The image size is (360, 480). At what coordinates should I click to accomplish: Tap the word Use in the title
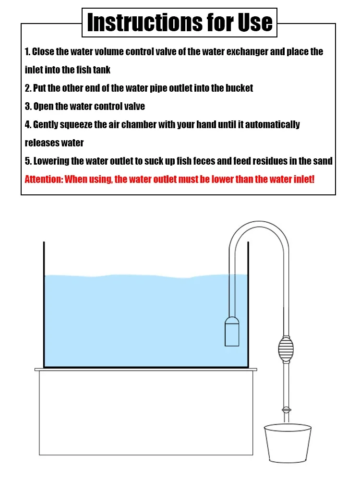coord(255,23)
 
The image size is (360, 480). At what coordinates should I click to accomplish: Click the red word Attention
coord(44,179)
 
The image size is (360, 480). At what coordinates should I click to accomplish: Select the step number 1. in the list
coord(27,52)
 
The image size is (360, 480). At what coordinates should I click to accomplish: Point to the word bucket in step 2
coord(239,88)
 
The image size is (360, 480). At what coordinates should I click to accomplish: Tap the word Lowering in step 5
coord(51,161)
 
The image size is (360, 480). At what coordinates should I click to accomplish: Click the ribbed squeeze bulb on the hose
coord(286,349)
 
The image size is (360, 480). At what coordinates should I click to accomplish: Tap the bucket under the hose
coord(288,443)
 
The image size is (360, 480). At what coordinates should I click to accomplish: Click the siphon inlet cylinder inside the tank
coord(232,332)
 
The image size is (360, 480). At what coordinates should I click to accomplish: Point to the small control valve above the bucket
coord(286,409)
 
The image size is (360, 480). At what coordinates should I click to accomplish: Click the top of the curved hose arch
coord(259,224)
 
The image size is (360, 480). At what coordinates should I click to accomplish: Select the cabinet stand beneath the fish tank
coord(146,412)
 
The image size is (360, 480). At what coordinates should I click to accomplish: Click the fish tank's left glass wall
coord(44,305)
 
